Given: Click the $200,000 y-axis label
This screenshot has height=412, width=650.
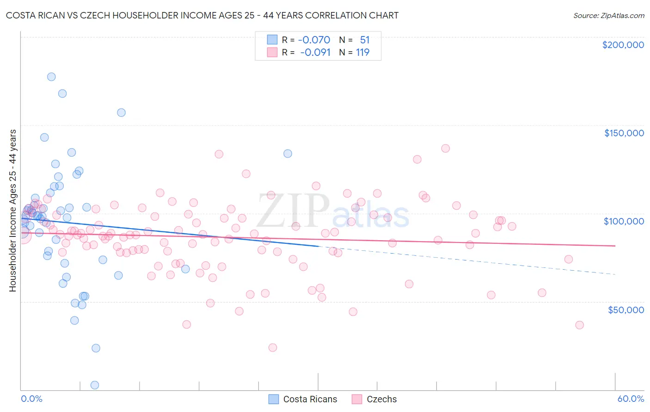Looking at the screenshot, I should (x=623, y=45).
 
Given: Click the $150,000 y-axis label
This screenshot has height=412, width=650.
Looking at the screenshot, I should (x=624, y=133).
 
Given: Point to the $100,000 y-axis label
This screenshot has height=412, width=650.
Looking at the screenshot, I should (x=624, y=221).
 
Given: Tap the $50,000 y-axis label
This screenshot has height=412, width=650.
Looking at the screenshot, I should (x=625, y=309).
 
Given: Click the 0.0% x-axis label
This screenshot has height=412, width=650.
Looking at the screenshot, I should (x=31, y=399).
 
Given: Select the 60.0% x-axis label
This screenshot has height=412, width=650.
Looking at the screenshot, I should (x=631, y=399).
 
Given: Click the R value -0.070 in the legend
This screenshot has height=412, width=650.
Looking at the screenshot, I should (x=314, y=40).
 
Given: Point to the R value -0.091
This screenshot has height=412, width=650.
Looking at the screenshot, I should (x=315, y=52).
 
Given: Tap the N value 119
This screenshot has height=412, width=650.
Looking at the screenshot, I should (x=362, y=52).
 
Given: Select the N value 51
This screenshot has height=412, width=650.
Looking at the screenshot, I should (x=365, y=40).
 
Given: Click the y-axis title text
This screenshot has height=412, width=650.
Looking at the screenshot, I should (x=12, y=211).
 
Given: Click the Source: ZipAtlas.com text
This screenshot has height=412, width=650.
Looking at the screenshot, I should (x=608, y=16).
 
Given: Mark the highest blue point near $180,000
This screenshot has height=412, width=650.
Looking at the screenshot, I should (x=51, y=77).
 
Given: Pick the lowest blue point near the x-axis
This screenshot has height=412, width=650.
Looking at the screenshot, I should (x=95, y=385).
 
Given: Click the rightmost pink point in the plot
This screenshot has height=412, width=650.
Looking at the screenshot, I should (x=579, y=325).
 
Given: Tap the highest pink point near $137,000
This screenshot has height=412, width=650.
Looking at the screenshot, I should (x=445, y=148).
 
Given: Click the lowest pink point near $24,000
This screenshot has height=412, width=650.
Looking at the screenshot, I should (x=273, y=347).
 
